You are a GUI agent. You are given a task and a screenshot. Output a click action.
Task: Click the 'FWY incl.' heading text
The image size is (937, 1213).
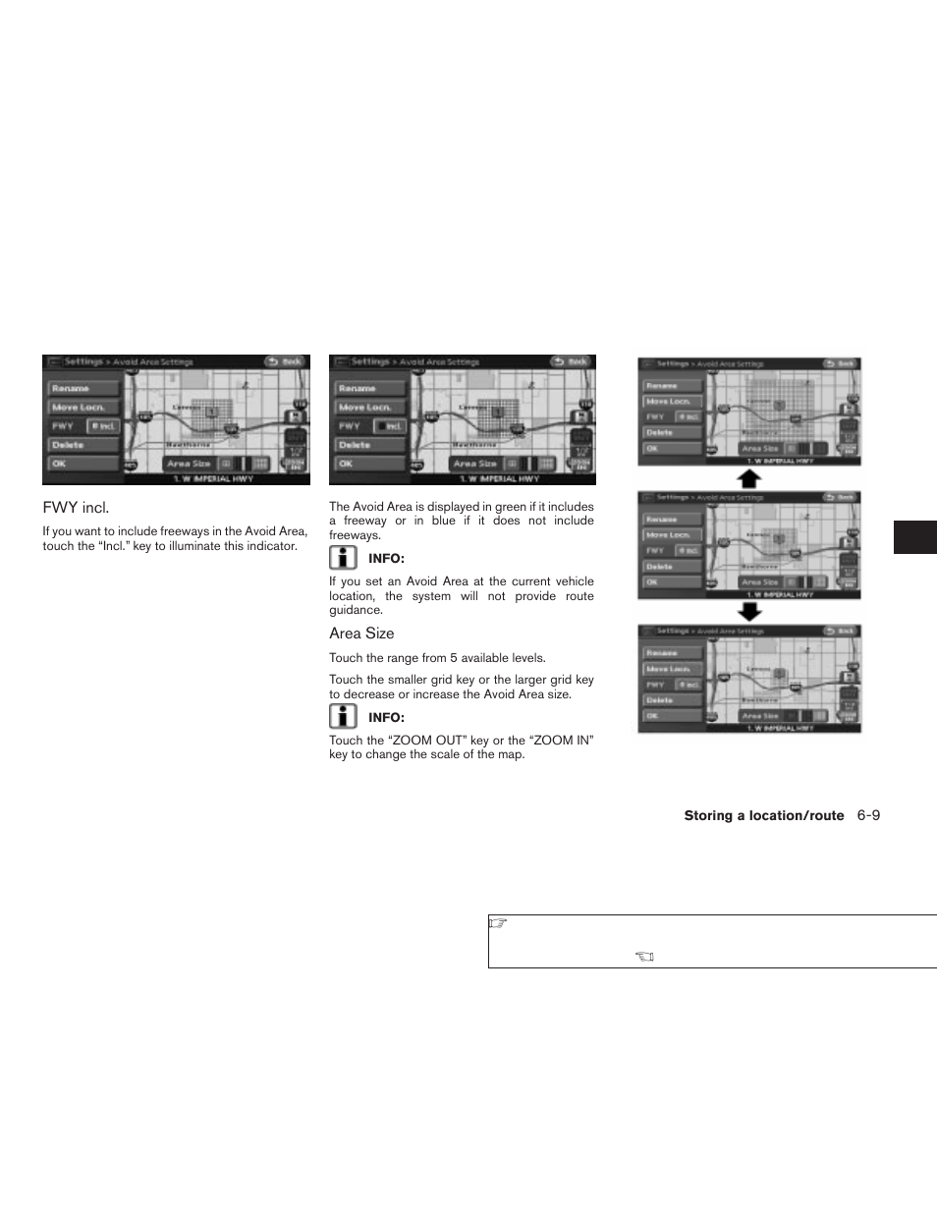(x=76, y=508)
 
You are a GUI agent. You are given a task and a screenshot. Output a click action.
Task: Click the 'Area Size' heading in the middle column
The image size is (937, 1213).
(x=361, y=634)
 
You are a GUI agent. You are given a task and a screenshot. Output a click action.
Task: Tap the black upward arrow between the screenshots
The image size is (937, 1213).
(x=749, y=478)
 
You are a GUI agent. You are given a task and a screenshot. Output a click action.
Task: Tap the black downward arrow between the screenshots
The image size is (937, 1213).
(x=749, y=612)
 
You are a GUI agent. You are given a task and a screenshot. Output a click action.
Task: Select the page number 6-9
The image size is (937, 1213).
(x=867, y=815)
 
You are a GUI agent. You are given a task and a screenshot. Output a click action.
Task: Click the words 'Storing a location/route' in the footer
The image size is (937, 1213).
(x=763, y=816)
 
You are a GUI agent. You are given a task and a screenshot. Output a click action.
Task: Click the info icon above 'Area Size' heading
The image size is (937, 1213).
(x=343, y=558)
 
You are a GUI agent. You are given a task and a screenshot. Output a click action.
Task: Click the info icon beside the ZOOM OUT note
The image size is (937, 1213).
(x=343, y=717)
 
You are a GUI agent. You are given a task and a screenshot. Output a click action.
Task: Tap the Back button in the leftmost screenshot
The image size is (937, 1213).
(x=286, y=361)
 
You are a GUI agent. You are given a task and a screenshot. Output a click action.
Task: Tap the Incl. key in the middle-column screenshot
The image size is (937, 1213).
(x=390, y=426)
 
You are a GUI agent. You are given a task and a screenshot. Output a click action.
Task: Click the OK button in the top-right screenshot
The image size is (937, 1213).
(x=653, y=448)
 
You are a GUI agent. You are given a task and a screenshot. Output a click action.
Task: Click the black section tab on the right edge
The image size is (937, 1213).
(x=914, y=537)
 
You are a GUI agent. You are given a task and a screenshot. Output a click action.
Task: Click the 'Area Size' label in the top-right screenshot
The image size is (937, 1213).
(x=759, y=448)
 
